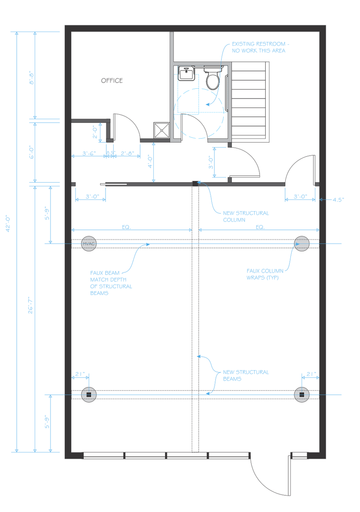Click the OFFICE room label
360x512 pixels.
111,81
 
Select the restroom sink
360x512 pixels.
186,73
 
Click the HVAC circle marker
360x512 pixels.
89,244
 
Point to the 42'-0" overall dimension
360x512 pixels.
8,224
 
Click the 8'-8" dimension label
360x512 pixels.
32,78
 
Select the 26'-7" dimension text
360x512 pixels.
30,305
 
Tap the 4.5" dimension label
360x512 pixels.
338,200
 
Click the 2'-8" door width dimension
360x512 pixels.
127,153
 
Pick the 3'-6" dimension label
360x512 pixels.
89,153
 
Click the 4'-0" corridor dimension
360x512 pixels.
150,162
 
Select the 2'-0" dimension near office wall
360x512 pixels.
95,132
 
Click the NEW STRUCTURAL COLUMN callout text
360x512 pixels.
246,216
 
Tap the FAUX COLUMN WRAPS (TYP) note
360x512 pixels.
265,274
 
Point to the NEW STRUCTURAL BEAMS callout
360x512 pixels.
246,375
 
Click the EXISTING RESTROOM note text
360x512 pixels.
260,47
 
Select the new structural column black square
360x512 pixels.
195,183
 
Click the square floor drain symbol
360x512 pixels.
161,130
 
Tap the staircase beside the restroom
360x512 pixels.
250,102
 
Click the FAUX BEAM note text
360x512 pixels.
111,283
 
